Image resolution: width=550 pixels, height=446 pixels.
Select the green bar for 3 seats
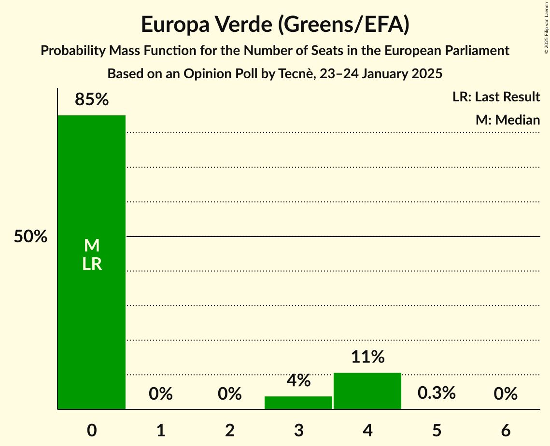click(298, 403)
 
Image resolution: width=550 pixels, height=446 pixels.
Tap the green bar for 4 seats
click(367, 391)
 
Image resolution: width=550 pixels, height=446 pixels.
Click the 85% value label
click(92, 100)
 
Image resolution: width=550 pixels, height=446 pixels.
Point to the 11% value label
click(367, 357)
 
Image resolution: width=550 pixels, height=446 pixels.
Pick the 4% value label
click(298, 380)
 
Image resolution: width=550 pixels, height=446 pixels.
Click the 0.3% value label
click(437, 393)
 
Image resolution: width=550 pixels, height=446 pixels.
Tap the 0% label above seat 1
click(161, 394)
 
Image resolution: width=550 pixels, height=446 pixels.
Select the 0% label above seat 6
click(506, 394)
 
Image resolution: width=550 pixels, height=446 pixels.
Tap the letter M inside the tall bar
click(92, 246)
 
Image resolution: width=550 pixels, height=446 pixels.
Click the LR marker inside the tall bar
click(92, 264)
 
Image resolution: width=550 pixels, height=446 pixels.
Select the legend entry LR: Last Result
click(496, 97)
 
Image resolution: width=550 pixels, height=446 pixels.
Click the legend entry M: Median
click(508, 120)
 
